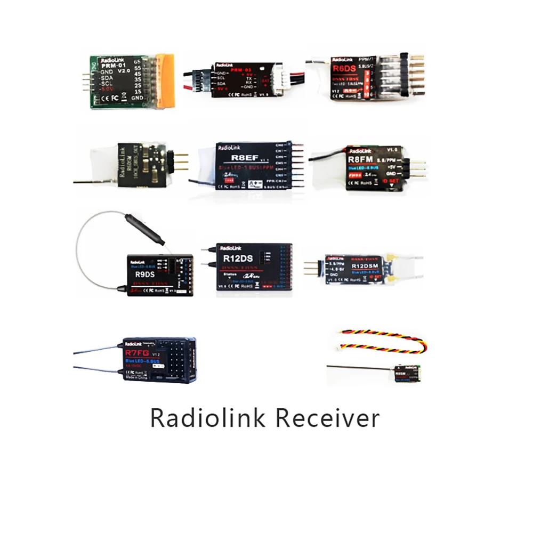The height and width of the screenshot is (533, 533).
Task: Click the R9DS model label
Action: pyautogui.click(x=141, y=275)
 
